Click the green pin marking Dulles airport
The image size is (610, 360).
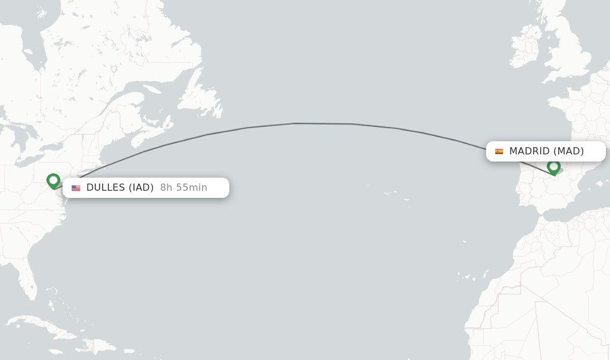point(53,180)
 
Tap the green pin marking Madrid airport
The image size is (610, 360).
point(553,166)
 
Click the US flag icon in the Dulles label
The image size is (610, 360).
point(76,188)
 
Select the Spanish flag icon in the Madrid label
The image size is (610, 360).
point(499,151)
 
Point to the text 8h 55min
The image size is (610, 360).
point(183,188)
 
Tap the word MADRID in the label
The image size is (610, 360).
point(530,151)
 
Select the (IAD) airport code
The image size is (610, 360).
point(141,188)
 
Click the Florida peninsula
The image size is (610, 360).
point(27,280)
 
